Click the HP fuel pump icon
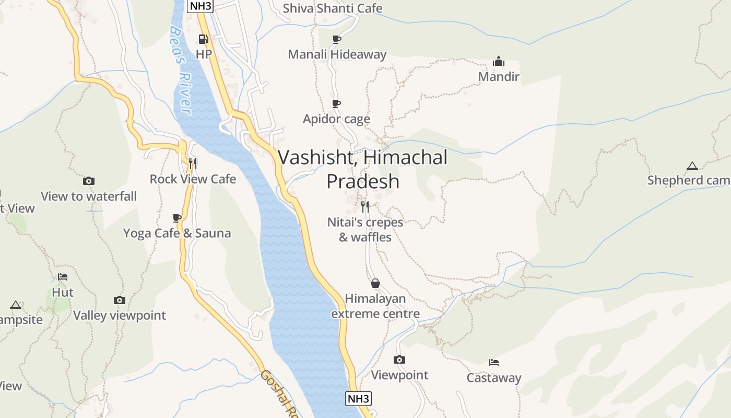[x=203, y=39]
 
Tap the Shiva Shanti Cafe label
[x=332, y=8]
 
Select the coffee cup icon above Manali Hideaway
[x=337, y=39]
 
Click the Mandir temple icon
[x=499, y=62]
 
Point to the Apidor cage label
[x=336, y=119]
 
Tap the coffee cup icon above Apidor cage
[x=336, y=104]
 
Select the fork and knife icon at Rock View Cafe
[x=193, y=164]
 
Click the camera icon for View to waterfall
[x=89, y=181]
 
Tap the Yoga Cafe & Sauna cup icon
[x=177, y=218]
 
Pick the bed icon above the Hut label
[x=63, y=277]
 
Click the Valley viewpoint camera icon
[x=120, y=300]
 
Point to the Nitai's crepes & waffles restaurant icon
[x=365, y=207]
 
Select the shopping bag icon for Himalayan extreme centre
[x=375, y=284]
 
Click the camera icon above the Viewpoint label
[x=399, y=359]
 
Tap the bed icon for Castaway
[x=494, y=362]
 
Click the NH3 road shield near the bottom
[x=358, y=399]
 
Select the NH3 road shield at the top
[x=200, y=6]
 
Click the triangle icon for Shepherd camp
[x=692, y=166]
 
